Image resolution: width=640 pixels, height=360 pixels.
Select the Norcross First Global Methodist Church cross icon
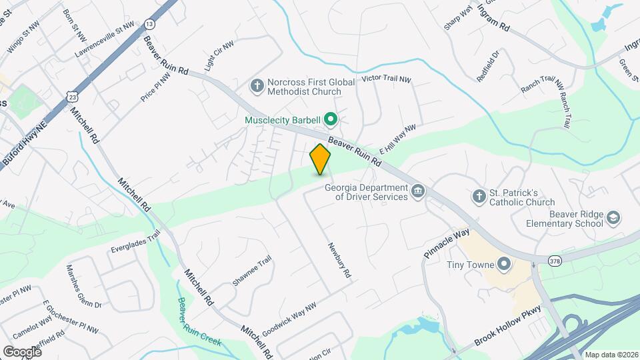256,86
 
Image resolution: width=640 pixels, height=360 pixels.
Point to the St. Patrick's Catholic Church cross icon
478,197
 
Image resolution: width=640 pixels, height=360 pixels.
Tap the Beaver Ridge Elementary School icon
613,218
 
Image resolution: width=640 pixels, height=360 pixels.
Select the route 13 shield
149,24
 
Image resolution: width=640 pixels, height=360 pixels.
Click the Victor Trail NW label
386,79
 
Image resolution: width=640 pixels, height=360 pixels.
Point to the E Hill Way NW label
397,140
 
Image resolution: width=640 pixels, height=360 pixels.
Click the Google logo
22,351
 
